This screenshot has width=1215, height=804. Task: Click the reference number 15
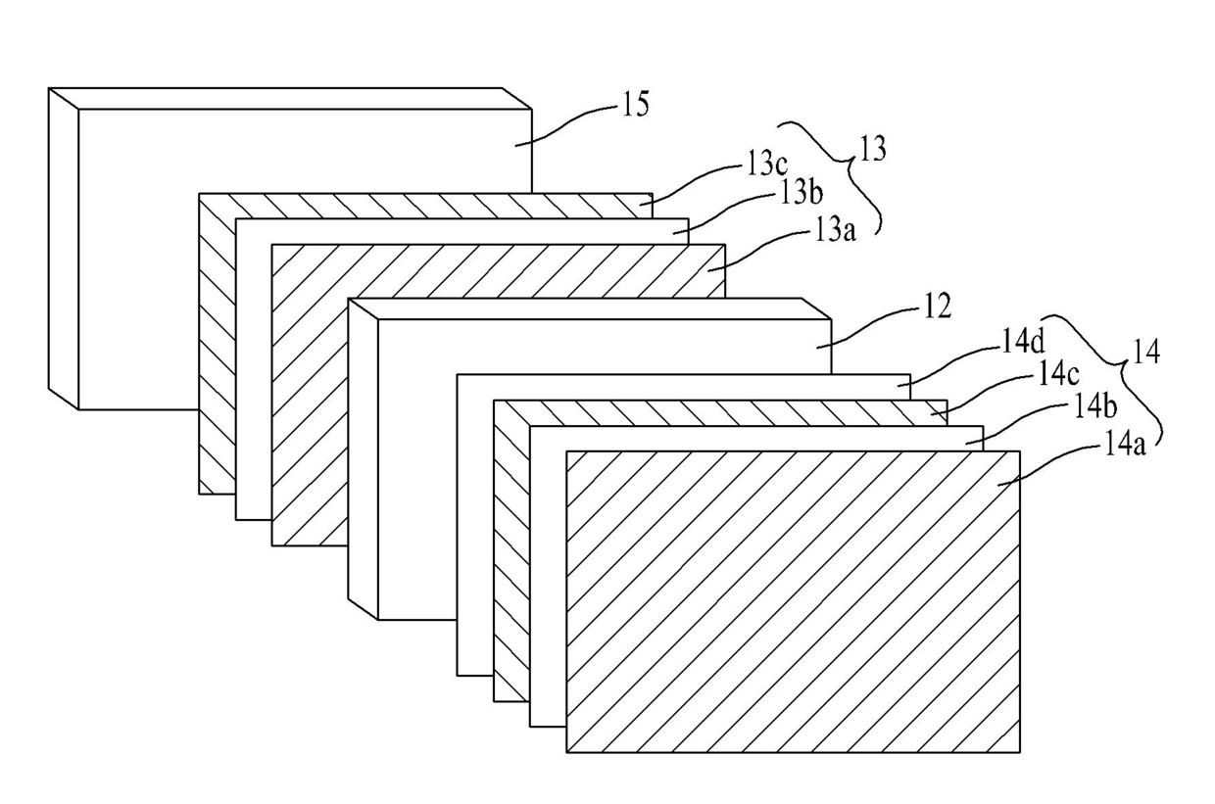point(635,105)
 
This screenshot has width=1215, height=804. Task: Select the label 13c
point(767,164)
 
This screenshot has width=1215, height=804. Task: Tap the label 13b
point(802,193)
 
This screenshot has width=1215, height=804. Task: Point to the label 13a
point(835,229)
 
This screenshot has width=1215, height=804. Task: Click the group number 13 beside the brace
point(873,149)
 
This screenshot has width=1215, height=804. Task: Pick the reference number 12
point(938,307)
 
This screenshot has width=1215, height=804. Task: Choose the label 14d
point(1023,343)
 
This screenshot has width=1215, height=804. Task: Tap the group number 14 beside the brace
point(1145,352)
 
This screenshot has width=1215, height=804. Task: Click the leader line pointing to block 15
point(566,123)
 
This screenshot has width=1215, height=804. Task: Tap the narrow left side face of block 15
point(64,249)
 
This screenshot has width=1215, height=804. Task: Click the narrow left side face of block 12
point(363,458)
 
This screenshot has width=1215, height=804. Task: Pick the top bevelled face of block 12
point(590,308)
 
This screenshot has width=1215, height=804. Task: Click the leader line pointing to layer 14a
point(1049,462)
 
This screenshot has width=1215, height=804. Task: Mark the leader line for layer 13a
point(759,250)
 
